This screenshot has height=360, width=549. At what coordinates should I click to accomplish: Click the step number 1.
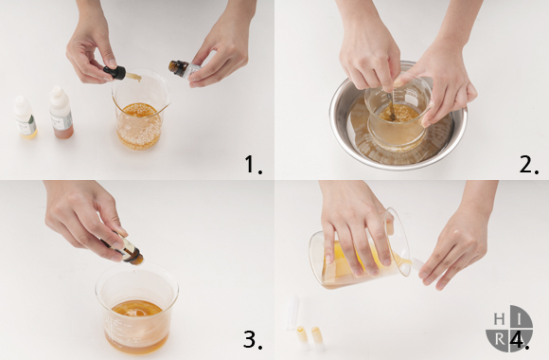point(253,164)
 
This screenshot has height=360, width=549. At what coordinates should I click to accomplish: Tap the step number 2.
point(529,164)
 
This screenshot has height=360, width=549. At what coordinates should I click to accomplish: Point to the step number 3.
point(253,339)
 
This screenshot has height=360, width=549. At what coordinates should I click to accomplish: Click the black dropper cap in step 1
point(115,72)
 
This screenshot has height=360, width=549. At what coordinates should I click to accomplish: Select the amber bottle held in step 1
point(184,68)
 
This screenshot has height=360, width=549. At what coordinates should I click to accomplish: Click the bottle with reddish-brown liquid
point(62,112)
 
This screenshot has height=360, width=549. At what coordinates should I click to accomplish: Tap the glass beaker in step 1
point(140,109)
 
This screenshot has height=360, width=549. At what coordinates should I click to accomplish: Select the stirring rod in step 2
point(392,104)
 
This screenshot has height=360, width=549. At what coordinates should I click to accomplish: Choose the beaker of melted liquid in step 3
point(136,309)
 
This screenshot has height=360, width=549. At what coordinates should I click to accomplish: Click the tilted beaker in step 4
point(359,252)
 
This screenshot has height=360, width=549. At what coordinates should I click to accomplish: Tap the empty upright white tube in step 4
point(292,313)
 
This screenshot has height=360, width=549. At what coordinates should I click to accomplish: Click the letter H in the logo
point(499,319)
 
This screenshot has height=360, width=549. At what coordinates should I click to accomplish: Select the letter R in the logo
point(501,340)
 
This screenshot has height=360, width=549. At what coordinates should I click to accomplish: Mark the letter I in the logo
point(521,319)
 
